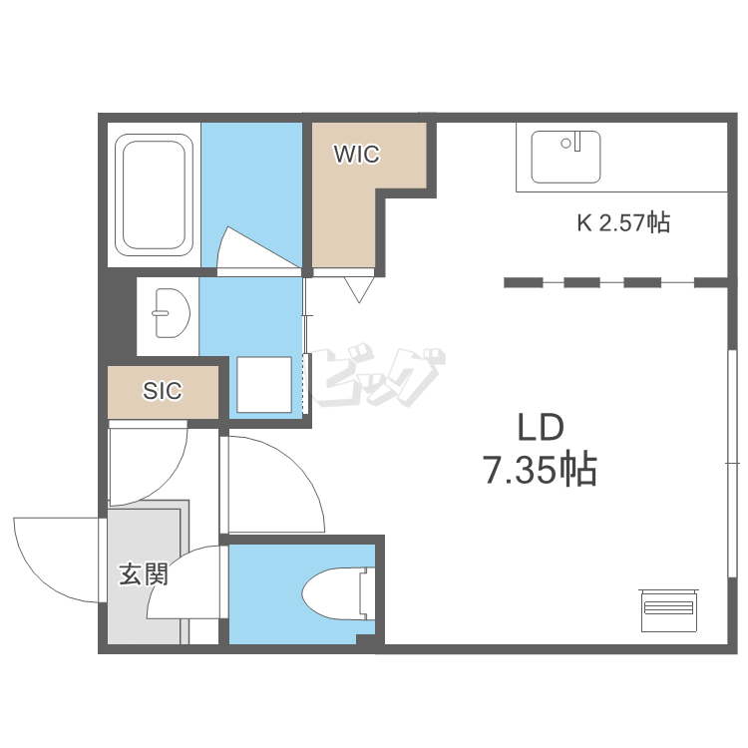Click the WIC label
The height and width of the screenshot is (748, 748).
pyautogui.click(x=357, y=154)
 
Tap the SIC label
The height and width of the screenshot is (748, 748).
pyautogui.click(x=163, y=391)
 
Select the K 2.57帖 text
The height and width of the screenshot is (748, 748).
pyautogui.click(x=623, y=222)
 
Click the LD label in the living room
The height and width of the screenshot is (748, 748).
pyautogui.click(x=541, y=427)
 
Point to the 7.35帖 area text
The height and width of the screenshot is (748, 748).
pyautogui.click(x=540, y=470)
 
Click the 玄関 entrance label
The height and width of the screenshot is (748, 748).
pyautogui.click(x=144, y=573)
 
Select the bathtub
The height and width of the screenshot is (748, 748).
pyautogui.click(x=154, y=195)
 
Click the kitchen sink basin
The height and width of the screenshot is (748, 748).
pyautogui.click(x=565, y=157)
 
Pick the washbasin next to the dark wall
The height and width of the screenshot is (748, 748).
pyautogui.click(x=171, y=313)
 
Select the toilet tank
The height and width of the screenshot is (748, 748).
pyautogui.click(x=366, y=594)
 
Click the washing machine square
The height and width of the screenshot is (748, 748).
pyautogui.click(x=264, y=385)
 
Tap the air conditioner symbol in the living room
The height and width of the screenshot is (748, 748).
pyautogui.click(x=669, y=610)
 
